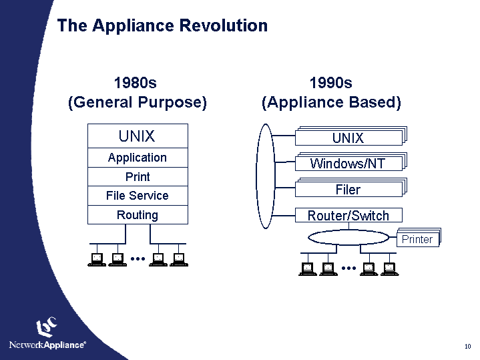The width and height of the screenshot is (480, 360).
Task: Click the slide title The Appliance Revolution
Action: (162, 25)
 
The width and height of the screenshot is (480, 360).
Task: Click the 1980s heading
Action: (136, 83)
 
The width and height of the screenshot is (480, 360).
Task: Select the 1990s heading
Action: (331, 83)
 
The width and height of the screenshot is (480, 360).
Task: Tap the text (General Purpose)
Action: (138, 103)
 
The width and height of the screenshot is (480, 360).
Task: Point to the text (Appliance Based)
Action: (331, 103)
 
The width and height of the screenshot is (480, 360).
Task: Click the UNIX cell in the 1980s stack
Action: (137, 136)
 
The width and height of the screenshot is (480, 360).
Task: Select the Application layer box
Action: (138, 158)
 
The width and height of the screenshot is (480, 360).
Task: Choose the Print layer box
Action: (138, 177)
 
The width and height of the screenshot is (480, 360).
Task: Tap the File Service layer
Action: (138, 196)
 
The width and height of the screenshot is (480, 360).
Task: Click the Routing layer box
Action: (138, 215)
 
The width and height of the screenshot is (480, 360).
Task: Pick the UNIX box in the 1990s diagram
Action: (348, 138)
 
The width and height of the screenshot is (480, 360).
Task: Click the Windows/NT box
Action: (348, 164)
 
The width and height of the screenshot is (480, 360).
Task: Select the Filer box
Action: (348, 190)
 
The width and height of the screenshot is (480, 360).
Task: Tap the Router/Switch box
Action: (348, 215)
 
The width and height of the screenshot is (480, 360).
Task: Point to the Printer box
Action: (417, 239)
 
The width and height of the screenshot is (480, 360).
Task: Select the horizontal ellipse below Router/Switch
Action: (347, 238)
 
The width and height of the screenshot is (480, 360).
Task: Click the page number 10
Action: (467, 346)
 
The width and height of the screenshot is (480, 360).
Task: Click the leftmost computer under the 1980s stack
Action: (97, 260)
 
